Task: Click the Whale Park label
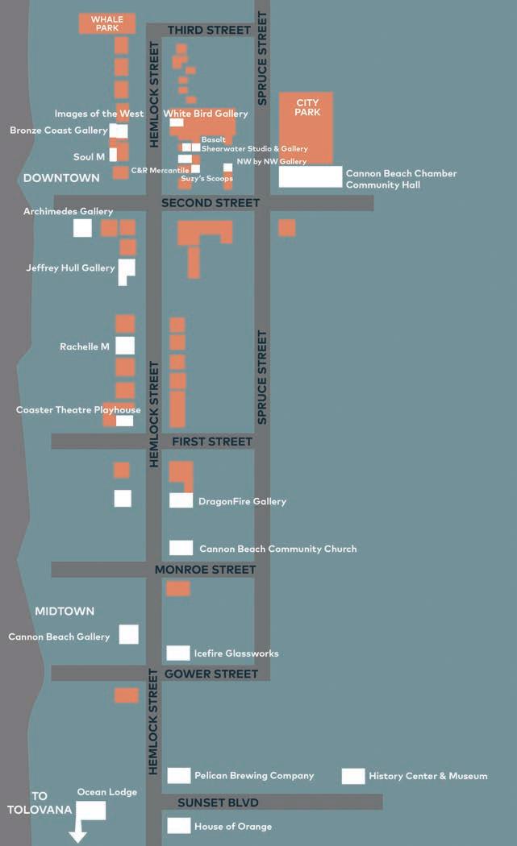pos(106,23)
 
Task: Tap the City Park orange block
pos(306,129)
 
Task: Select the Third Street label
pos(209,31)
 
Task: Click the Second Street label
pos(211,203)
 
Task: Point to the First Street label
pos(212,442)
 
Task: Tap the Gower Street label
pos(211,674)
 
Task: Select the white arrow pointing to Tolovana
pos(77,831)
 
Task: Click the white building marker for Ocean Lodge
pos(91,811)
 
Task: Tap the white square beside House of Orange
pos(179,826)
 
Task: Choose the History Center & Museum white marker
pos(353,776)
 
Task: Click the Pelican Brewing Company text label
pos(254,776)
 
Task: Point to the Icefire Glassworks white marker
pos(178,653)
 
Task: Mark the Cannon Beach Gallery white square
pos(129,634)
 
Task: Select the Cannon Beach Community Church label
pos(277,549)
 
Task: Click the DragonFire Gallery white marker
pos(181,500)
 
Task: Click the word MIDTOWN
pos(65,612)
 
